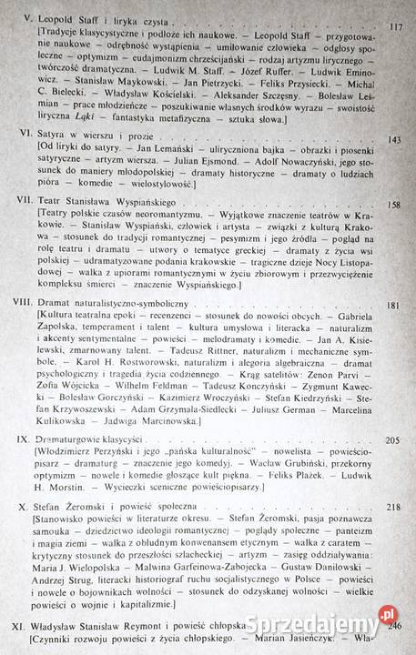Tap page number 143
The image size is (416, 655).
pos(393,141)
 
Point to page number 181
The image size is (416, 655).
pos(393,306)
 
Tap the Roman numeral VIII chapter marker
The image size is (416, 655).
pos(15,307)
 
